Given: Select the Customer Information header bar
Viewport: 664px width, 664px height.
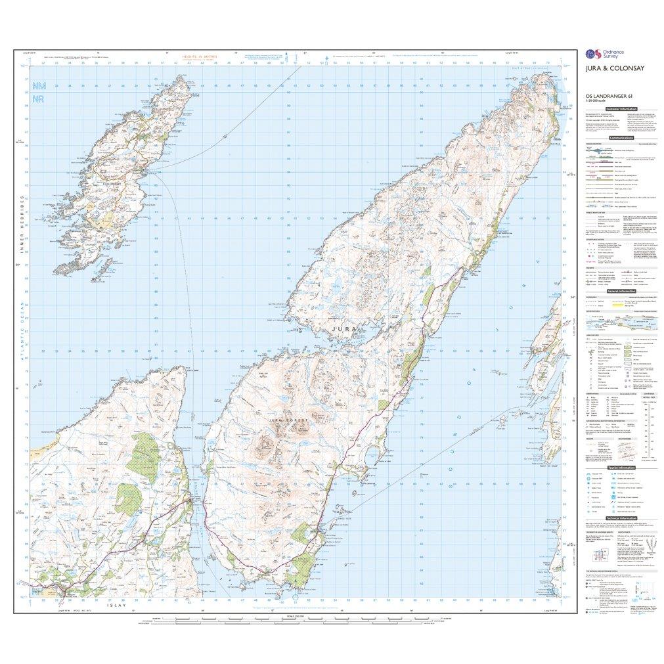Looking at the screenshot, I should click(x=619, y=108).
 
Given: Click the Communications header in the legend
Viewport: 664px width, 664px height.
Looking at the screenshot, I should click(x=620, y=138).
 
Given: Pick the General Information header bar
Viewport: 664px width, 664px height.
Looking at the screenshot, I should click(x=619, y=290).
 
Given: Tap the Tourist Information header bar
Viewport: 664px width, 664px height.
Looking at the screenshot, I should click(x=619, y=467).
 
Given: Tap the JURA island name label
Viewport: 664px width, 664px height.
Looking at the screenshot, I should click(x=344, y=327).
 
